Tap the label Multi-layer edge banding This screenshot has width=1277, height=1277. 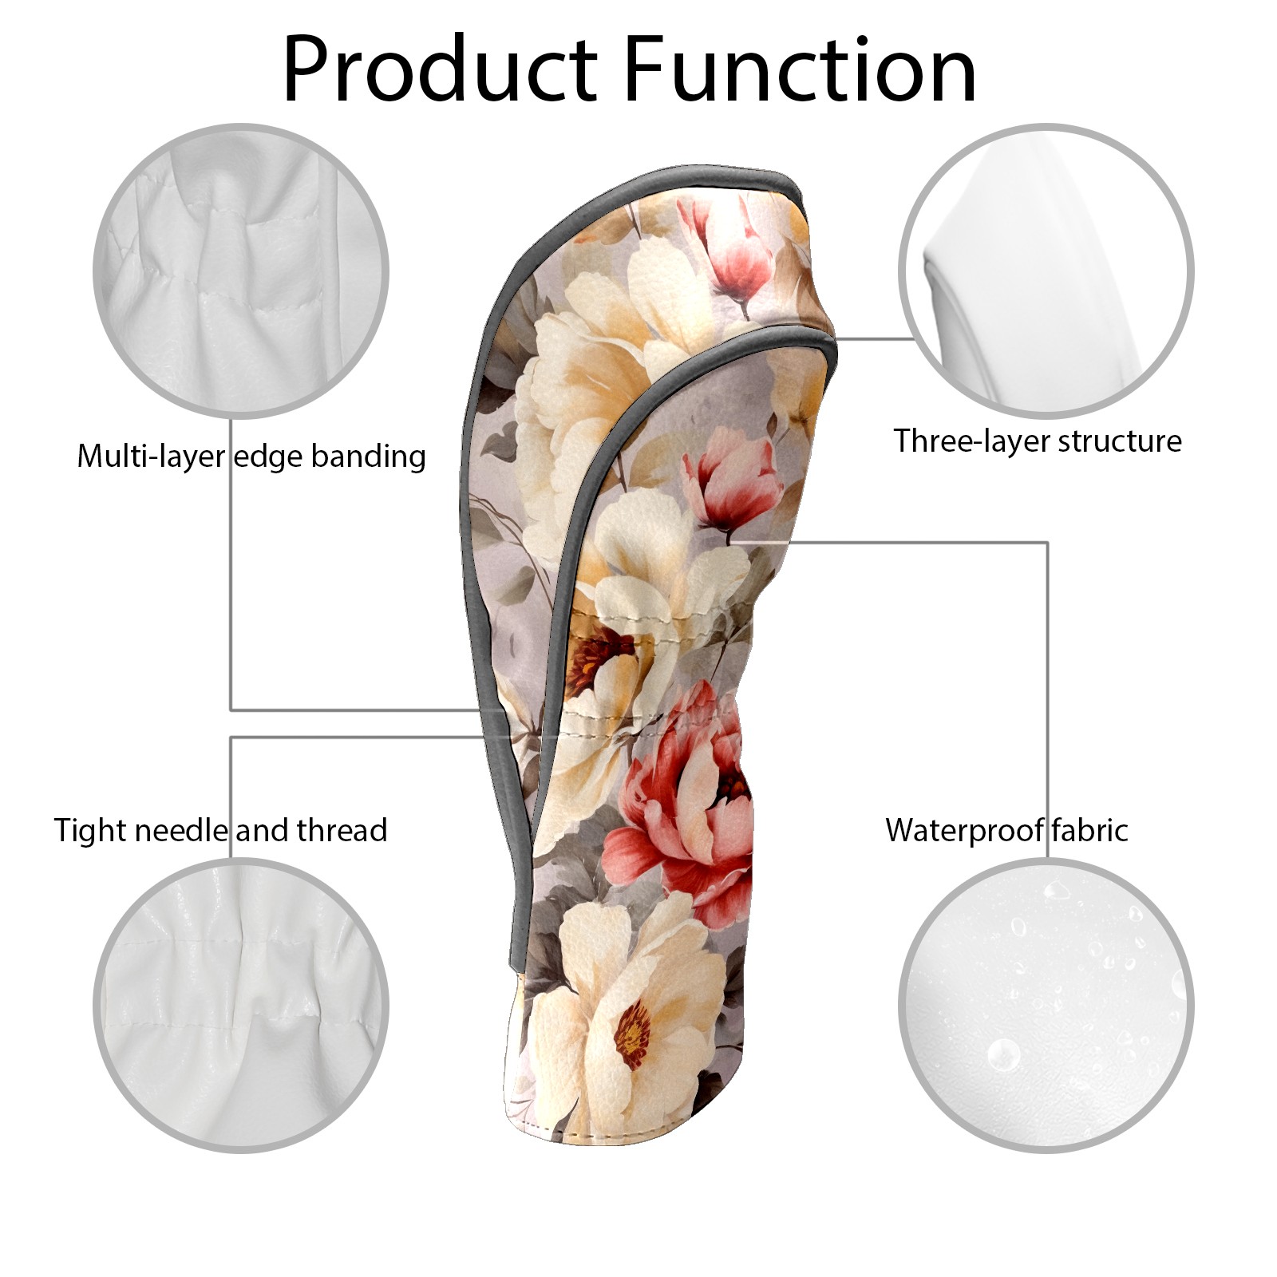[x=251, y=457]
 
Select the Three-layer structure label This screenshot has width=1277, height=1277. [x=1038, y=441]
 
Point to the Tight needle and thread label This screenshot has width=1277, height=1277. [x=220, y=830]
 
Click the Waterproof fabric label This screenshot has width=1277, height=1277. [x=1006, y=830]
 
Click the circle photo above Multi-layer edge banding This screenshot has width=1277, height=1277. [x=241, y=271]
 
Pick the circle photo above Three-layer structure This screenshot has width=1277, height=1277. [x=1046, y=271]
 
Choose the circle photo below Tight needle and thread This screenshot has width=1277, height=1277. [x=241, y=1005]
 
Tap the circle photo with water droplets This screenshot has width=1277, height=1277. [x=1046, y=1005]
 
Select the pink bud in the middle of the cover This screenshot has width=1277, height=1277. [x=730, y=479]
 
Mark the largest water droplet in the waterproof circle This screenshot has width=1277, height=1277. [x=1002, y=1054]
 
